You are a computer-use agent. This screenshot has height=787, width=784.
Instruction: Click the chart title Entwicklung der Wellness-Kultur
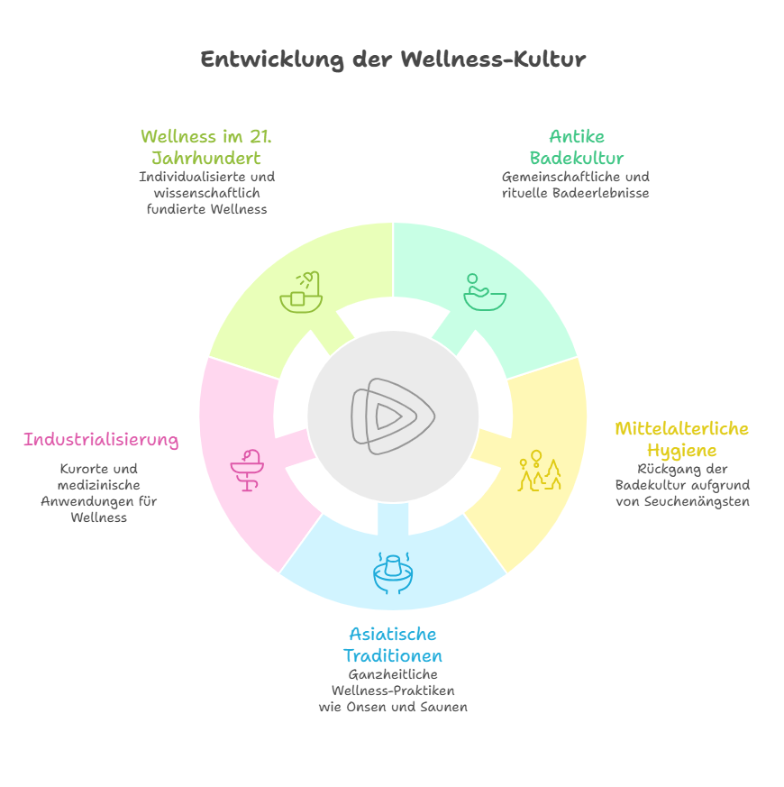[x=392, y=59]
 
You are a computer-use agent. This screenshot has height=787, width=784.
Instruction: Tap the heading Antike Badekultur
[x=577, y=148]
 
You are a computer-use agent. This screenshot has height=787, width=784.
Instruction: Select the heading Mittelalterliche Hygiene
[x=681, y=439]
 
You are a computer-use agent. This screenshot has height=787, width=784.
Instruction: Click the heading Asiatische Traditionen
[x=392, y=645]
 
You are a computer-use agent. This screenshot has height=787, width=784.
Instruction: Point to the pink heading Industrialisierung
[x=101, y=440]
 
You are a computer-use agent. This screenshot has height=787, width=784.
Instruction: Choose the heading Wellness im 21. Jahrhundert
[x=206, y=148]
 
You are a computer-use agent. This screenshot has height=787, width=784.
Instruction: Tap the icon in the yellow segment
[x=539, y=471]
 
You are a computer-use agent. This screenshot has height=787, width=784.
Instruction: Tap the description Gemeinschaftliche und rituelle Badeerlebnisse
[x=577, y=185]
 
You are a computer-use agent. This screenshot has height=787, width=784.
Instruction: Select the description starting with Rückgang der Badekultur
[x=682, y=485]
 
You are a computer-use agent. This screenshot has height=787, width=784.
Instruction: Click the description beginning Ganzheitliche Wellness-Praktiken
[x=392, y=691]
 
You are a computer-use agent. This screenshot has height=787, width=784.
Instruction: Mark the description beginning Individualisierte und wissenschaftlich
[x=206, y=193]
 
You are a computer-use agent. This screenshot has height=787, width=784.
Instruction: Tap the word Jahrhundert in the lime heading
[x=206, y=159]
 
